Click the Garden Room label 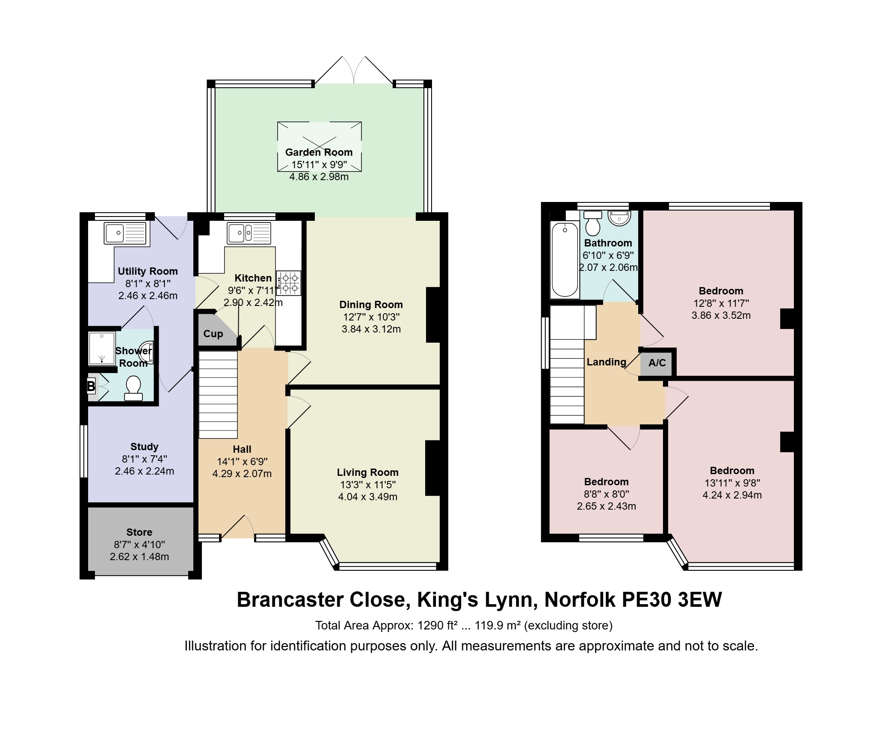click(319, 152)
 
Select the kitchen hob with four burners click(289, 283)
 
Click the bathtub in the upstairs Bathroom click(565, 260)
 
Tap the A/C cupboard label click(657, 363)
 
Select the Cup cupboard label click(213, 334)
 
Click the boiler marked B click(91, 387)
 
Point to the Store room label click(139, 532)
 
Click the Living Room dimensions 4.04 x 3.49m click(368, 497)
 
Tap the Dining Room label click(371, 305)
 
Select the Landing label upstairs click(607, 362)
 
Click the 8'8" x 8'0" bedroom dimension click(607, 494)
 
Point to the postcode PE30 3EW click(672, 599)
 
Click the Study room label click(145, 447)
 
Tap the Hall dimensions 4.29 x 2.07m click(242, 474)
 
